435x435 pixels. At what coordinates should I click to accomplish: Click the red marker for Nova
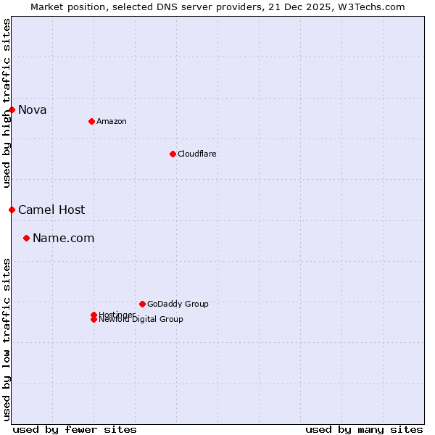point(12,109)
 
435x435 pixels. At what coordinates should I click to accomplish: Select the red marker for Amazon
point(91,121)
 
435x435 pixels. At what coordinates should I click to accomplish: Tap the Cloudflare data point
point(173,154)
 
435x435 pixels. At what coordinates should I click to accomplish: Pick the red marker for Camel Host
point(12,210)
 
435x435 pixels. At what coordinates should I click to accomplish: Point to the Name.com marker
point(27,238)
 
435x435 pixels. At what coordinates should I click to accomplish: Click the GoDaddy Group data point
point(142,304)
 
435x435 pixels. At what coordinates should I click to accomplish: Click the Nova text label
point(33,109)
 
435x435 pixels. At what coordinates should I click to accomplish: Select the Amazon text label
point(112,121)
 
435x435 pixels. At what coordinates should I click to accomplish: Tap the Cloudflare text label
point(197,154)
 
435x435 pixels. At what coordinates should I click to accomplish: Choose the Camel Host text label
point(51,210)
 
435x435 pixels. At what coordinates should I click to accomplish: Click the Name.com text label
point(64,238)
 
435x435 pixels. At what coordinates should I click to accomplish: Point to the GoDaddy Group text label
point(178,304)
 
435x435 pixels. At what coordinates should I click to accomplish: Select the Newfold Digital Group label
point(141,320)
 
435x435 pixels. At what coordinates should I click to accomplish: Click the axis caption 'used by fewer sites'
point(75,429)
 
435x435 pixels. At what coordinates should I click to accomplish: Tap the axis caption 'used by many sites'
point(364,429)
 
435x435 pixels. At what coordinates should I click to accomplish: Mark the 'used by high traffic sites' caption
point(7,104)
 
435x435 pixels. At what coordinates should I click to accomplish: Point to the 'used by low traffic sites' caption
point(7,339)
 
